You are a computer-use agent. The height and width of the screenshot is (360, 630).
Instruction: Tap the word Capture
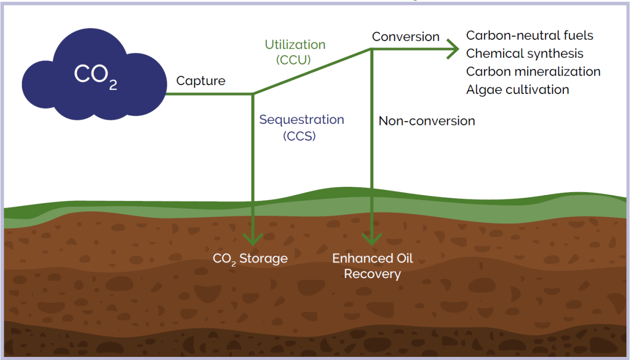[201, 81]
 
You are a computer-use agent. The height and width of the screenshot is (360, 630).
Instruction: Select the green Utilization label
[295, 45]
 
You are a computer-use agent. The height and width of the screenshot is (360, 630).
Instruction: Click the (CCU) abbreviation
[293, 60]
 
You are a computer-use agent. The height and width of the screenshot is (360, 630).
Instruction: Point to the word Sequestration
[301, 120]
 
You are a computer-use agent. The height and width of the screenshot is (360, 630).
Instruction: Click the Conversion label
[405, 37]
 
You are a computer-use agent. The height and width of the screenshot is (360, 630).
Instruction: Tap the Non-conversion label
[426, 121]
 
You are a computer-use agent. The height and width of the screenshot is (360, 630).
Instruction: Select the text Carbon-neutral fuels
[529, 36]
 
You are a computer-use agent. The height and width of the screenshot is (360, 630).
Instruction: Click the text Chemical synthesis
[524, 54]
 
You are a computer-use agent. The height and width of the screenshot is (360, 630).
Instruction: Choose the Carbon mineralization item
[533, 71]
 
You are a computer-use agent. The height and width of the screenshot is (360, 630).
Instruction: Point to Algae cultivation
[517, 90]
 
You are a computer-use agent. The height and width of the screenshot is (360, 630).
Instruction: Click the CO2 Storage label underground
[250, 259]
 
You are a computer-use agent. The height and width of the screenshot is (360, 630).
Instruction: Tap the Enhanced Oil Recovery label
[372, 266]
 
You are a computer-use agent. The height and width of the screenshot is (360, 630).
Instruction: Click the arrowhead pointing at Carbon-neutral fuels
[453, 49]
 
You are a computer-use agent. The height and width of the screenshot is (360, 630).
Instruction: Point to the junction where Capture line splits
[253, 94]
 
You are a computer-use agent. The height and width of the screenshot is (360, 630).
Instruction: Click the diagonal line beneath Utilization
[312, 72]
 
